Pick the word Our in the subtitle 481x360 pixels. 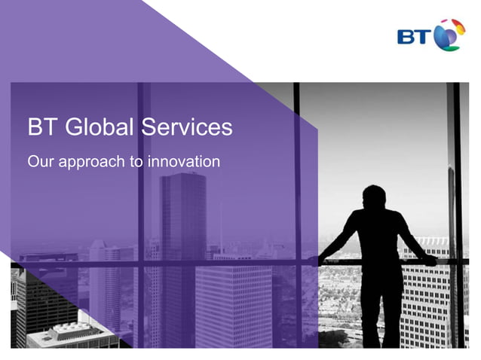coord(38,161)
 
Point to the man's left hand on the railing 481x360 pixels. coord(430,260)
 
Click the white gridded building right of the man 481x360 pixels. coord(424,301)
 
